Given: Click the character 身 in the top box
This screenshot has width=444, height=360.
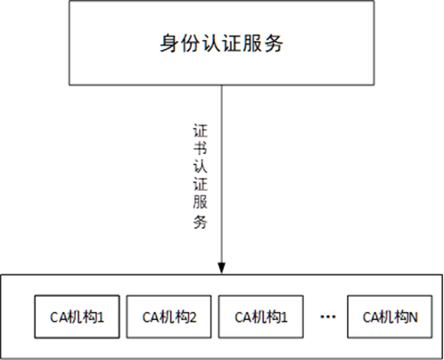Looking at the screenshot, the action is coord(169,44).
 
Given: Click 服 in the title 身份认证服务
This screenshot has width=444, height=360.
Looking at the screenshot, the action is coord(252,44).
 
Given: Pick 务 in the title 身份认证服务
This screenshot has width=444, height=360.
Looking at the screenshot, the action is coord(273,44).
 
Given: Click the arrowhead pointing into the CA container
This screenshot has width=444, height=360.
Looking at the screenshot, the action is coord(222,267).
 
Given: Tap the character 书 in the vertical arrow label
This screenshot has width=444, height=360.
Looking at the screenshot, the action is coord(201,148).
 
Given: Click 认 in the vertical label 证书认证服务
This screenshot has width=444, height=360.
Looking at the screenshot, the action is coord(201,166).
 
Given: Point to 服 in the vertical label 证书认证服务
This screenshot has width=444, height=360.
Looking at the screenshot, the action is coord(201,202).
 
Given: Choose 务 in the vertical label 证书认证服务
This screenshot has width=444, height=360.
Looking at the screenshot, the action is coord(201,221).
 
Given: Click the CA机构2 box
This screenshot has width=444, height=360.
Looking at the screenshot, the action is coord(169,316).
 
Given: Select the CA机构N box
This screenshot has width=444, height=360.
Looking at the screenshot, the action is coord(390,316).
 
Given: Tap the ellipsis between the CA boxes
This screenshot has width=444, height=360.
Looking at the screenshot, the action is coord(328,317).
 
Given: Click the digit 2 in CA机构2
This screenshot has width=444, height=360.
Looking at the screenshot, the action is coord(193,317).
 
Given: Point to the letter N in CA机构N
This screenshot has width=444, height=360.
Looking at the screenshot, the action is coord(414,317).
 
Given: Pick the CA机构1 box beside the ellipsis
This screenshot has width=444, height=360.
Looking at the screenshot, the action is coord(261,316).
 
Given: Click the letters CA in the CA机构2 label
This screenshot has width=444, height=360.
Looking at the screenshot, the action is coord(152,317).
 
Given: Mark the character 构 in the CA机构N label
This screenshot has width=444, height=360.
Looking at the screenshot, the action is coord(402,317).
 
